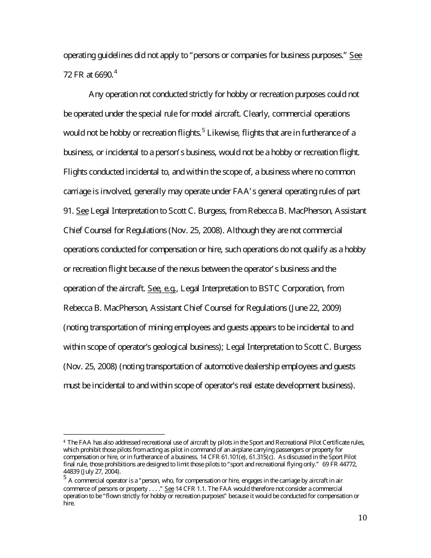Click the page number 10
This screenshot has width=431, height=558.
362,518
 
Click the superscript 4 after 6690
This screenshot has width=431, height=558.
116,72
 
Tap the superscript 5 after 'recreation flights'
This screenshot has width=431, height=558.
204,131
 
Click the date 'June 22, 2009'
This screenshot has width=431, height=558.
317,308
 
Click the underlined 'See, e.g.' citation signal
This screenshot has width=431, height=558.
162,289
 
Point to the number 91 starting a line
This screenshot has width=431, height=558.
68,211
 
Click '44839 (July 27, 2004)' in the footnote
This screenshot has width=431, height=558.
92,472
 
